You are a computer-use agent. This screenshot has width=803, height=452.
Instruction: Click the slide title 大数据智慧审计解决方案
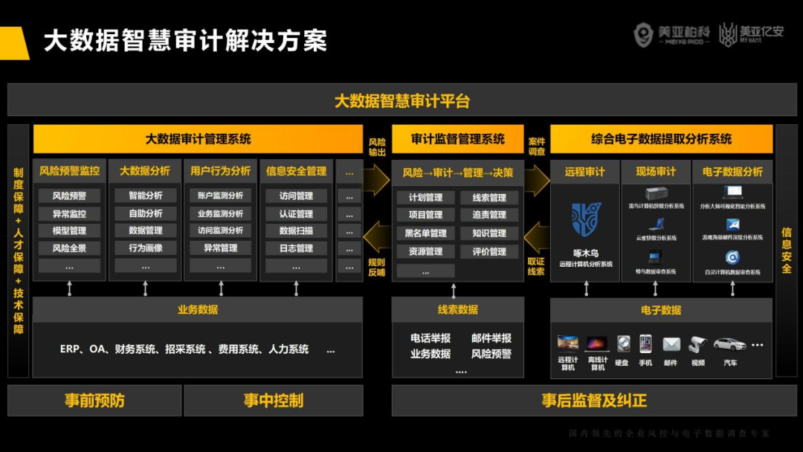pyautogui.click(x=185, y=41)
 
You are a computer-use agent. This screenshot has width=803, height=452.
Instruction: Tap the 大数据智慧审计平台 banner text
pyautogui.click(x=401, y=101)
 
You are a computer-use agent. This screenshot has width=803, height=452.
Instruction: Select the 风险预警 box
pyautogui.click(x=69, y=196)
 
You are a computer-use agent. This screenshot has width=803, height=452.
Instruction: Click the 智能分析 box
pyautogui.click(x=145, y=196)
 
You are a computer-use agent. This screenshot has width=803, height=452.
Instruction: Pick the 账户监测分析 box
pyautogui.click(x=220, y=196)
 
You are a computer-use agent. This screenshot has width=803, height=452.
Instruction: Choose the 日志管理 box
pyautogui.click(x=296, y=248)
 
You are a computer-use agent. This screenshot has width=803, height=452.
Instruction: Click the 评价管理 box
pyautogui.click(x=488, y=252)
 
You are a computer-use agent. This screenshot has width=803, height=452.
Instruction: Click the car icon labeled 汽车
pyautogui.click(x=729, y=343)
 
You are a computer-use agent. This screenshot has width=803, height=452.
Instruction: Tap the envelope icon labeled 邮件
pyautogui.click(x=671, y=344)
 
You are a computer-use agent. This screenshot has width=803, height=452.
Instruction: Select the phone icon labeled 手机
pyautogui.click(x=645, y=343)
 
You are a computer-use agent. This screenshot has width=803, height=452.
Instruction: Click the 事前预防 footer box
pyautogui.click(x=94, y=401)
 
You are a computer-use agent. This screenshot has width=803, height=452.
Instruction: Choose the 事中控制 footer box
pyautogui.click(x=273, y=401)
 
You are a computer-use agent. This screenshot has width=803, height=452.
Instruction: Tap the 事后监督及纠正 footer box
pyautogui.click(x=594, y=401)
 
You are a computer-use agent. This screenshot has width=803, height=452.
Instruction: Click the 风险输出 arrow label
pyautogui.click(x=377, y=146)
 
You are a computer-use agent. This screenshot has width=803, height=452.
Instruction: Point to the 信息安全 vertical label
pyautogui.click(x=786, y=251)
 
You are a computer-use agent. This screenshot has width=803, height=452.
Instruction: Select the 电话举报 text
pyautogui.click(x=430, y=338)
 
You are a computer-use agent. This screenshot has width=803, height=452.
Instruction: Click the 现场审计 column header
pyautogui.click(x=656, y=172)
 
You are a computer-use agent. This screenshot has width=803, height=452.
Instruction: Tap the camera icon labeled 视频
pyautogui.click(x=697, y=344)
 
